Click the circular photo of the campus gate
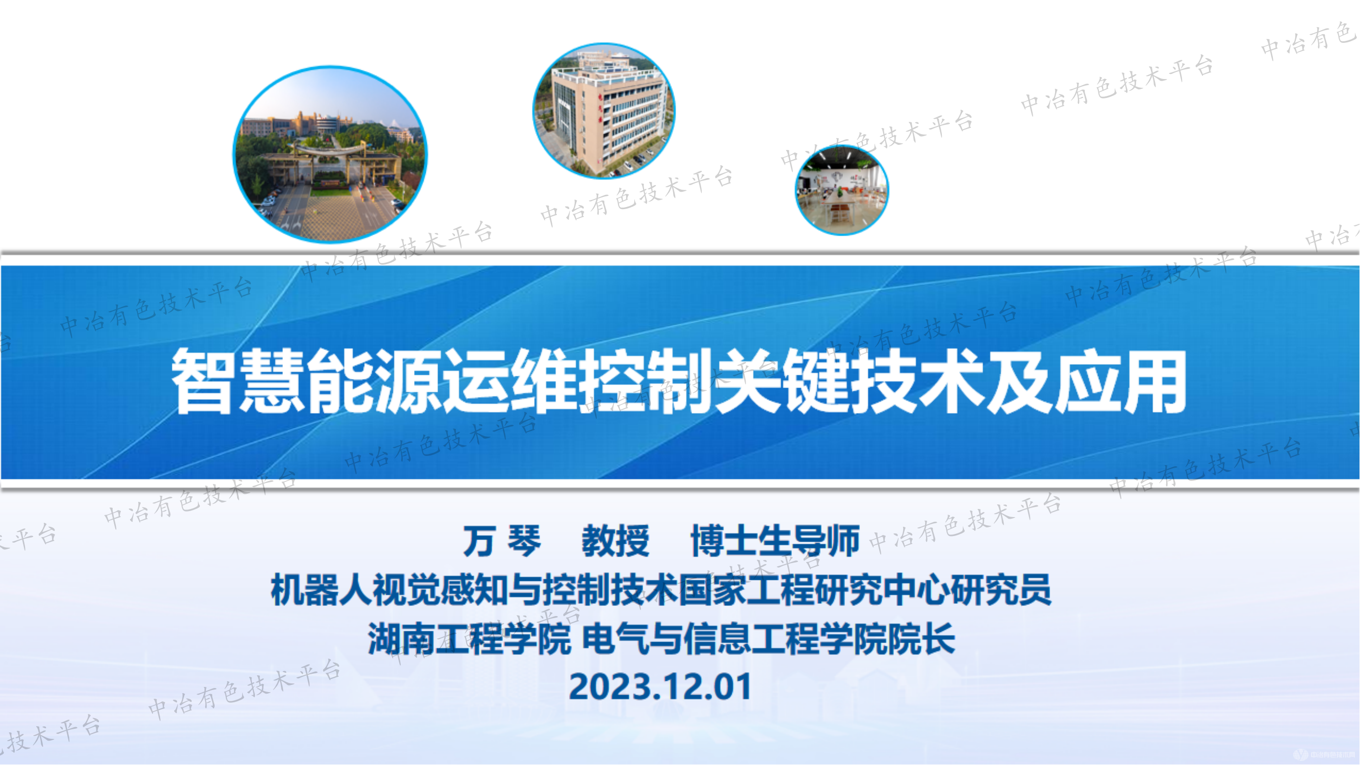click(x=330, y=154)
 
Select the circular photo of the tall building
click(x=603, y=111)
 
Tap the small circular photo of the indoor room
click(x=841, y=190)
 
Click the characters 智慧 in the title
click(x=238, y=381)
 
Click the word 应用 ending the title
click(x=1120, y=381)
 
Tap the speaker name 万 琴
click(x=502, y=541)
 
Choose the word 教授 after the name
click(x=615, y=541)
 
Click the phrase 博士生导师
click(x=775, y=541)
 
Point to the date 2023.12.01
click(x=660, y=687)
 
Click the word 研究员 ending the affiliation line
click(x=1000, y=590)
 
